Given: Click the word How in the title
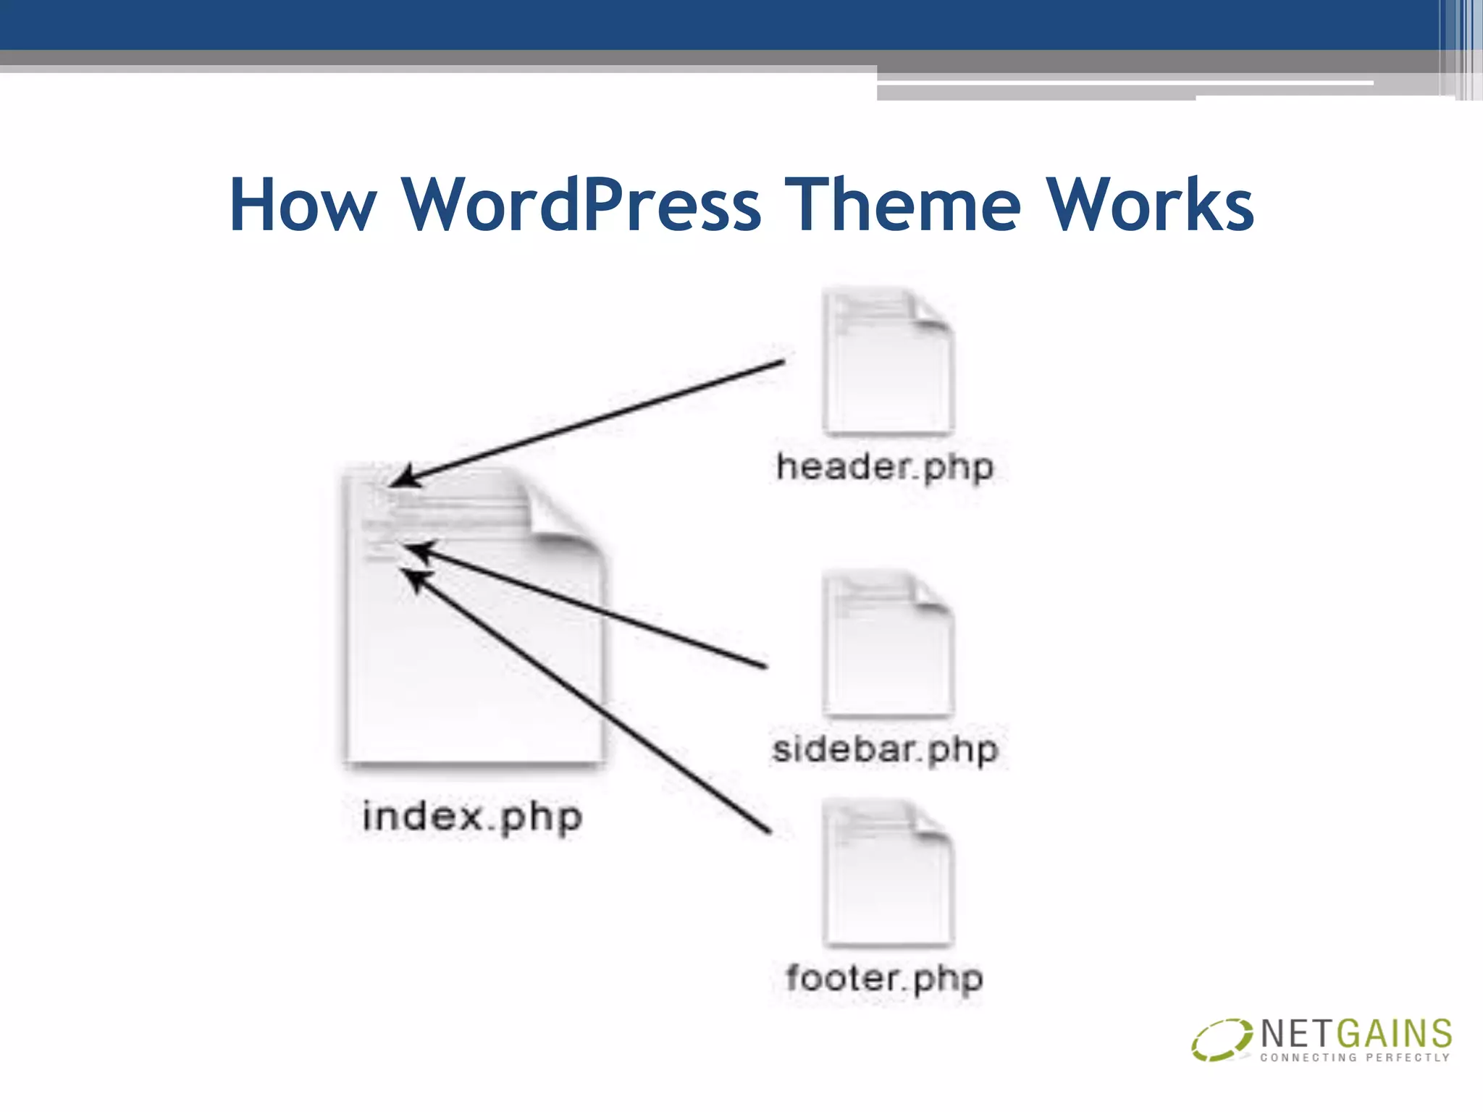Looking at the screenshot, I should click(x=303, y=206).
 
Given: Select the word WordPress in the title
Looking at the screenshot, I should click(x=581, y=206).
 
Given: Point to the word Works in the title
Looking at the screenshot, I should click(x=1151, y=206).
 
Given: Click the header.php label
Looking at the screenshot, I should click(x=885, y=467).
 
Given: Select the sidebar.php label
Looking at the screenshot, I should click(x=885, y=749).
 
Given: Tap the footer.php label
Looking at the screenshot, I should click(x=885, y=978).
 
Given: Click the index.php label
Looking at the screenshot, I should click(x=472, y=817).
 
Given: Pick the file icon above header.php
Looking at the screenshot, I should click(x=887, y=362).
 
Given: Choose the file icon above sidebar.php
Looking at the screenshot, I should click(x=887, y=644).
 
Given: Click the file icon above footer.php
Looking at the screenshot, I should click(x=887, y=873).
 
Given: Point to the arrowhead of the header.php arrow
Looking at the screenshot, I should click(x=400, y=479).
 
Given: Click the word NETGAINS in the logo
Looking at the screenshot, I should click(x=1356, y=1034).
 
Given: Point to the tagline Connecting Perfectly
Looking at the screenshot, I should click(x=1355, y=1058).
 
